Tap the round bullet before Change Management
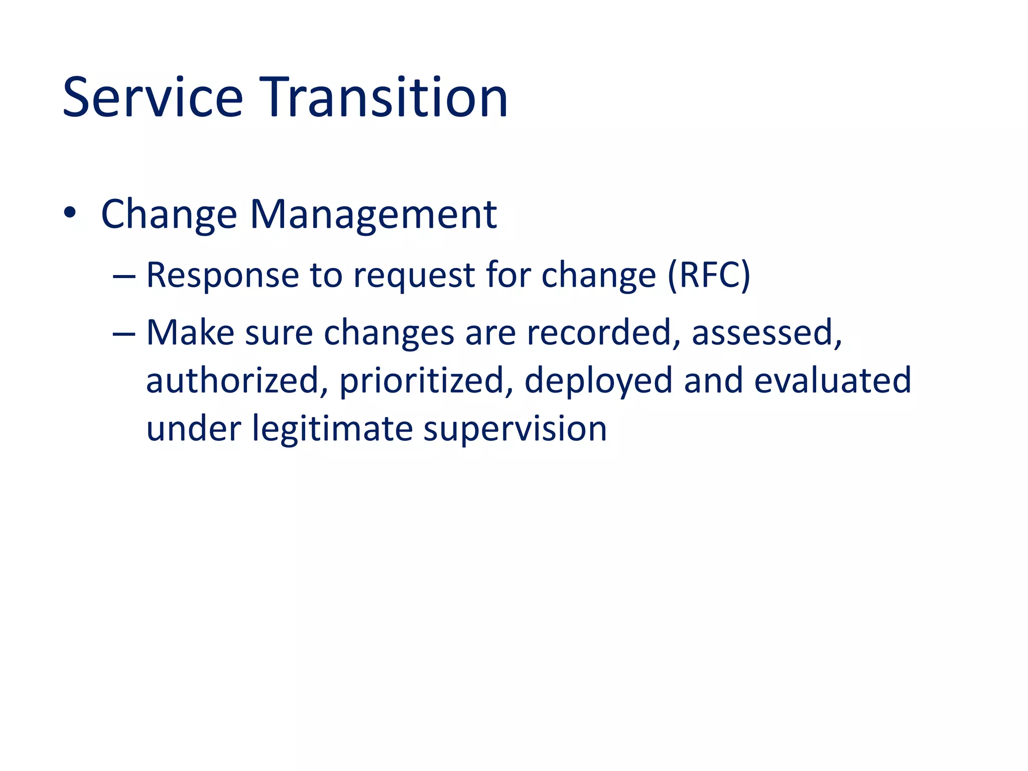point(70,213)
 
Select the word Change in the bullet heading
point(169,215)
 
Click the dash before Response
point(124,277)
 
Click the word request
point(414,276)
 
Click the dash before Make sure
point(124,334)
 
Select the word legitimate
point(332,429)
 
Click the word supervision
point(515,430)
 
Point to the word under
point(194,429)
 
